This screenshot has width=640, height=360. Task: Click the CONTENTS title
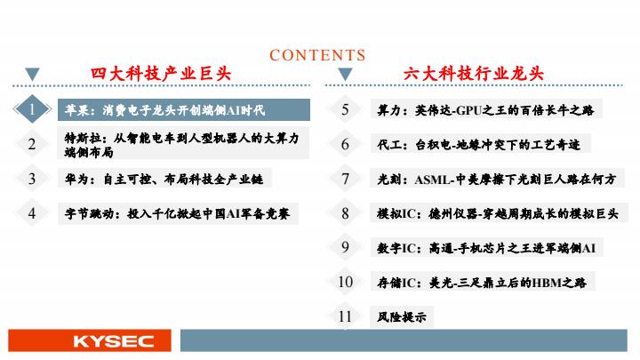point(317,55)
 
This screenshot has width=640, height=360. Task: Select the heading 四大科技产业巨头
point(161,74)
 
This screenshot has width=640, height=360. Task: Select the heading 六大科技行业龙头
point(474,74)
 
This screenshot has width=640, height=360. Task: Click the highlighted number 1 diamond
point(32,109)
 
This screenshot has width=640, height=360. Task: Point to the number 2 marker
point(32,144)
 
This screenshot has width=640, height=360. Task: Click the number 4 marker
point(32,213)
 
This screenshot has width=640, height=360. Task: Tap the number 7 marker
point(345,179)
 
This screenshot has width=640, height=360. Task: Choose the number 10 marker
point(345,282)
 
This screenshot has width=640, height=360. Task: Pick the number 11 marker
point(345,316)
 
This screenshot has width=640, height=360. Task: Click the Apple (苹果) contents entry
point(184,110)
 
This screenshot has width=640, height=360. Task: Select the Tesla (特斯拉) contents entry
point(183,144)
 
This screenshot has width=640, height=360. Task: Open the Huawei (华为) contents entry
point(164,179)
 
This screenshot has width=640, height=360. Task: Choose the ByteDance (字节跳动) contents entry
point(178,213)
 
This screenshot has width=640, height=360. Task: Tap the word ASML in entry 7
point(434,180)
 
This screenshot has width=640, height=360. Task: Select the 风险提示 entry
point(402,316)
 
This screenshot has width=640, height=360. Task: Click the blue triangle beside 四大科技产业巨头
point(32,74)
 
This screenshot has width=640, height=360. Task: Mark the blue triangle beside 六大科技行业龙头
point(345,74)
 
